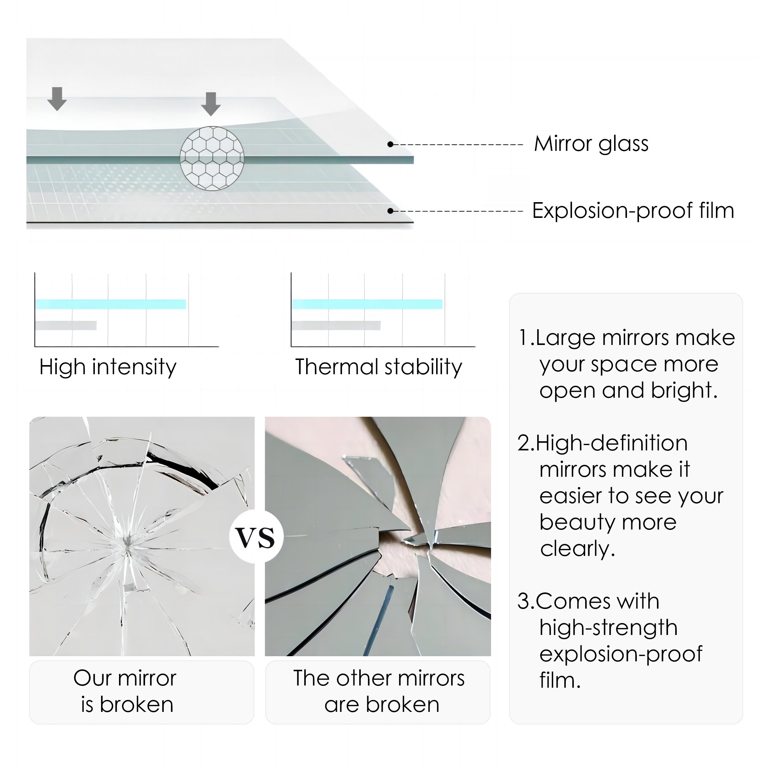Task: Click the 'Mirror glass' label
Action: pos(591,144)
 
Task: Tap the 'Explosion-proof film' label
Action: pos(633,211)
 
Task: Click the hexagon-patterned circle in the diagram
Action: pos(212,159)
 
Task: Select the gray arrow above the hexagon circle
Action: pos(211,104)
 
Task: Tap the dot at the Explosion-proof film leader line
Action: pos(390,211)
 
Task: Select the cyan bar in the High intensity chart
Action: pos(111,304)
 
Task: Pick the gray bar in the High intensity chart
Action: pos(66,326)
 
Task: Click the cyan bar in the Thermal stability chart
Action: pos(367,304)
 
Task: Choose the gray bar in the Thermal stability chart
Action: pos(335,326)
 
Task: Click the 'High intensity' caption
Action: pos(107,367)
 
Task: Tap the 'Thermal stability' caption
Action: pos(379,367)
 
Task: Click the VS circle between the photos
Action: pos(256,537)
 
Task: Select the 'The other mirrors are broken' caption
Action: pos(379,691)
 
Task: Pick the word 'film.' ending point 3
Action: pos(560,680)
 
